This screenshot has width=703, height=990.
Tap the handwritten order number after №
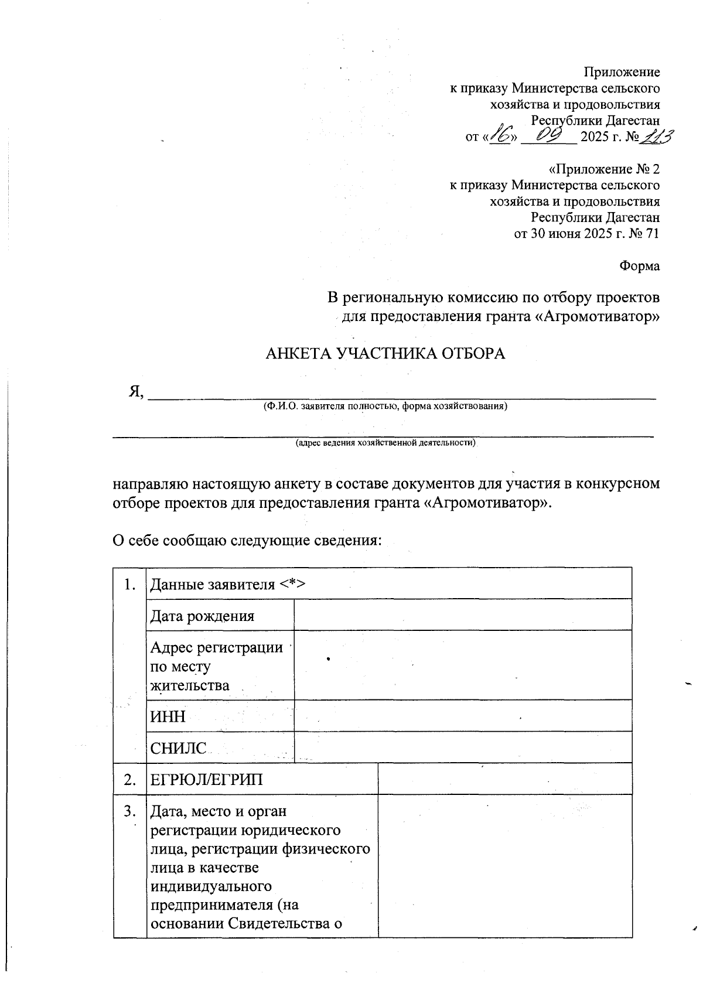click(656, 136)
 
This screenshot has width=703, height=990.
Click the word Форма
click(639, 266)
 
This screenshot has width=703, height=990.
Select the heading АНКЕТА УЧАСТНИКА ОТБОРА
click(385, 354)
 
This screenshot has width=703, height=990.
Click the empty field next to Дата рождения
click(462, 615)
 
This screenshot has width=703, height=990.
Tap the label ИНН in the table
click(168, 716)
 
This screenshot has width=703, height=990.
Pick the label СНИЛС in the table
click(179, 748)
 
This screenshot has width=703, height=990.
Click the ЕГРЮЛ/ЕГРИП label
click(207, 780)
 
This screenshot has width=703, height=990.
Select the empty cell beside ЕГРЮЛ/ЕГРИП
click(504, 779)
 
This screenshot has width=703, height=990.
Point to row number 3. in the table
click(130, 812)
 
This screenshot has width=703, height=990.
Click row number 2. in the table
click(130, 780)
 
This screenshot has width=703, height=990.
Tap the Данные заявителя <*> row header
click(229, 584)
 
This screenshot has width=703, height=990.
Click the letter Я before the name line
click(135, 392)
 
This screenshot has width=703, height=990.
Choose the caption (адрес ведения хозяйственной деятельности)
click(385, 443)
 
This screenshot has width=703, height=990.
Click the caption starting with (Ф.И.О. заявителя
click(385, 406)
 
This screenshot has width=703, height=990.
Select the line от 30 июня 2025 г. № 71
click(586, 234)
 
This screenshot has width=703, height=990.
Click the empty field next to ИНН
click(462, 716)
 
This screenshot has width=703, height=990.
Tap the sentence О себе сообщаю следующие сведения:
click(247, 540)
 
